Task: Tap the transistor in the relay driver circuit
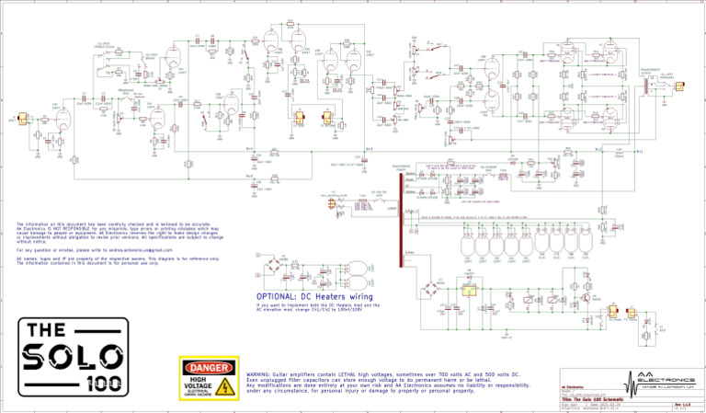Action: coord(586,298)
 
